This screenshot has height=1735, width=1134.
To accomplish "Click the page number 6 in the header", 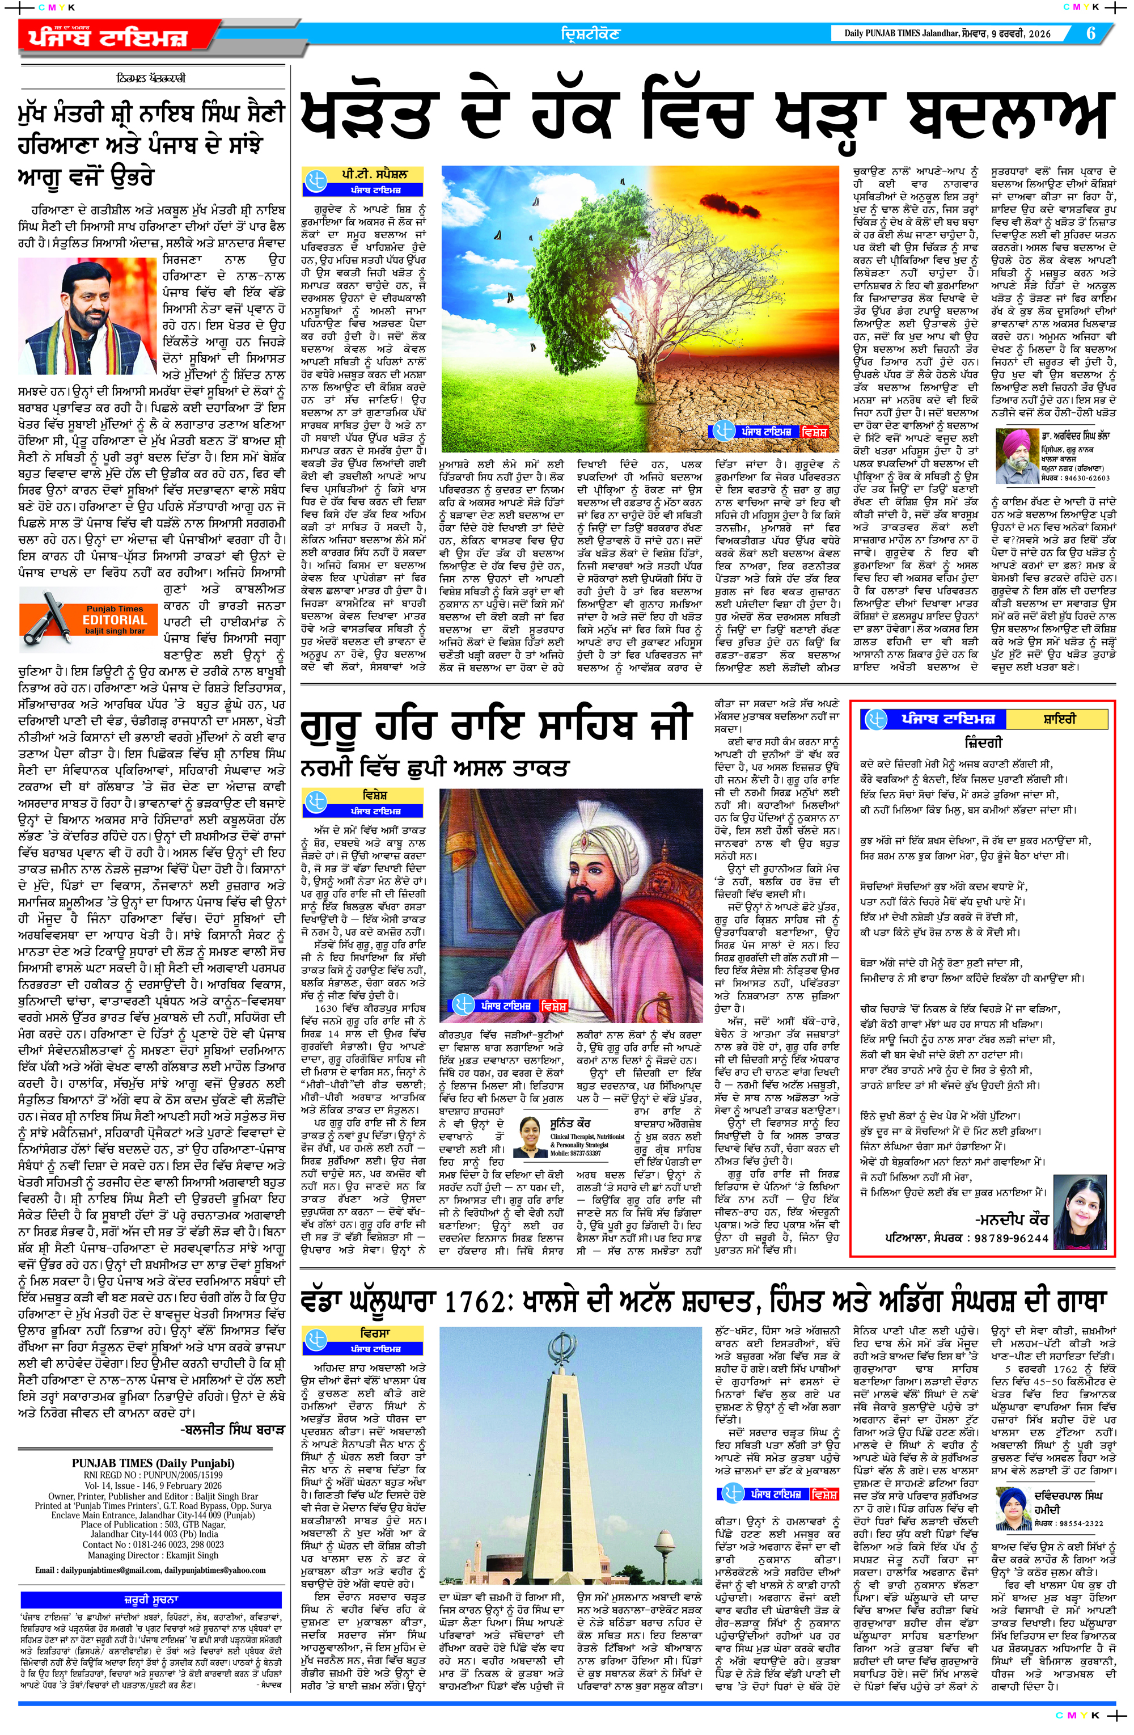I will tap(1091, 33).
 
